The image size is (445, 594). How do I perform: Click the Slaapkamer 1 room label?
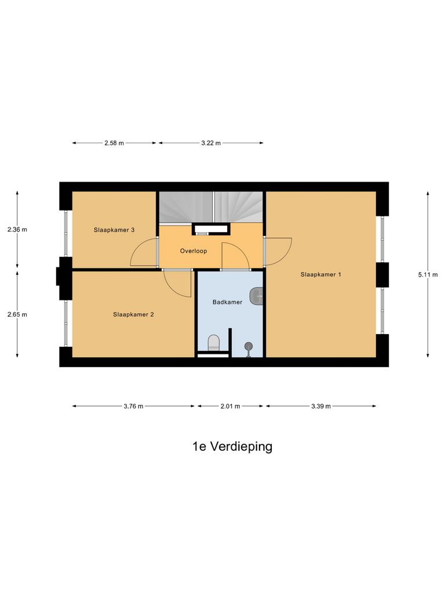click(x=320, y=274)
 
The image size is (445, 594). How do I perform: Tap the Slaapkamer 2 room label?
click(x=133, y=314)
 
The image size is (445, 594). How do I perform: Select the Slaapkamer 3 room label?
click(x=114, y=230)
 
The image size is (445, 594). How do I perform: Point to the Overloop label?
click(x=194, y=251)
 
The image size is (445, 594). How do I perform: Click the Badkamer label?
click(x=228, y=302)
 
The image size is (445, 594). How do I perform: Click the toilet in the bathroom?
click(x=214, y=342)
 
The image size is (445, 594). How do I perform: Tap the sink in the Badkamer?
click(x=257, y=296)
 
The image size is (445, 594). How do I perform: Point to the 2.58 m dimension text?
click(x=114, y=143)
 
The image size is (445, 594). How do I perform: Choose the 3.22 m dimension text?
click(x=211, y=143)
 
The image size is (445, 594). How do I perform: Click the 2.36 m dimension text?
click(x=17, y=230)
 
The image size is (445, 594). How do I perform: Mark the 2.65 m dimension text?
click(x=17, y=314)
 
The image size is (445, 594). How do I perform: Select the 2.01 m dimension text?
click(x=231, y=407)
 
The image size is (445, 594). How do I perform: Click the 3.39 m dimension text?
click(x=320, y=407)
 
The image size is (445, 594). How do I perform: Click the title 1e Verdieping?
click(x=232, y=447)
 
